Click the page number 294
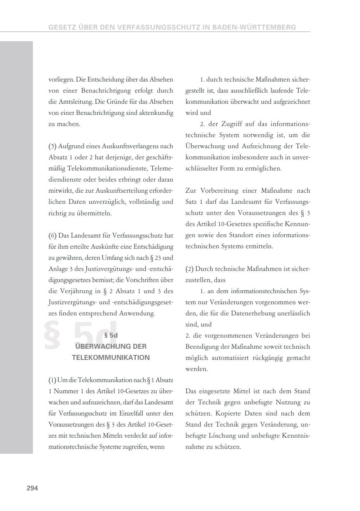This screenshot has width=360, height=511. (x=32, y=488)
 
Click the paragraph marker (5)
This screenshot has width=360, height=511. (x=53, y=146)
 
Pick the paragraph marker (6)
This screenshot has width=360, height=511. (x=53, y=236)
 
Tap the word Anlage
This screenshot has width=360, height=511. (x=58, y=269)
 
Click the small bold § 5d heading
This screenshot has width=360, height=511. (x=111, y=336)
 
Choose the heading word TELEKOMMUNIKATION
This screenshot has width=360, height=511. (x=111, y=357)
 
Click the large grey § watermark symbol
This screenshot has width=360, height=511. (x=52, y=335)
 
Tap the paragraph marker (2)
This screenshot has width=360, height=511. (x=190, y=269)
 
